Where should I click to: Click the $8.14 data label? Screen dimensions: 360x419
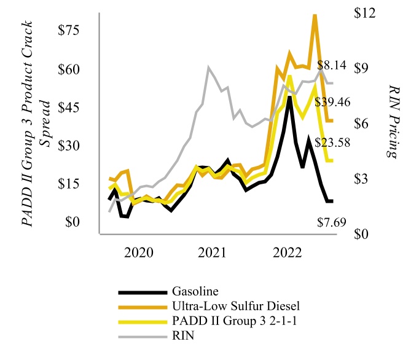click(x=332, y=65)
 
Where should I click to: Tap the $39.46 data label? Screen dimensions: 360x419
click(x=332, y=102)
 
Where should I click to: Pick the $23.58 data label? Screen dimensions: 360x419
click(x=332, y=143)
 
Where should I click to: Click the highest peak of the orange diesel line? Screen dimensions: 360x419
click(x=315, y=15)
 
